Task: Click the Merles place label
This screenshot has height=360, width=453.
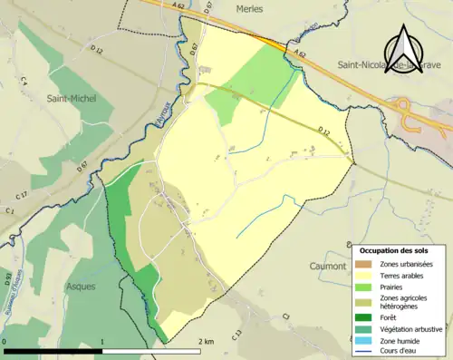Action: click(248, 8)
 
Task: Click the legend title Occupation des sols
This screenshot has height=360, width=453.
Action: click(395, 249)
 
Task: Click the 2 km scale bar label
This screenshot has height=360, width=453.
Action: click(207, 342)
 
